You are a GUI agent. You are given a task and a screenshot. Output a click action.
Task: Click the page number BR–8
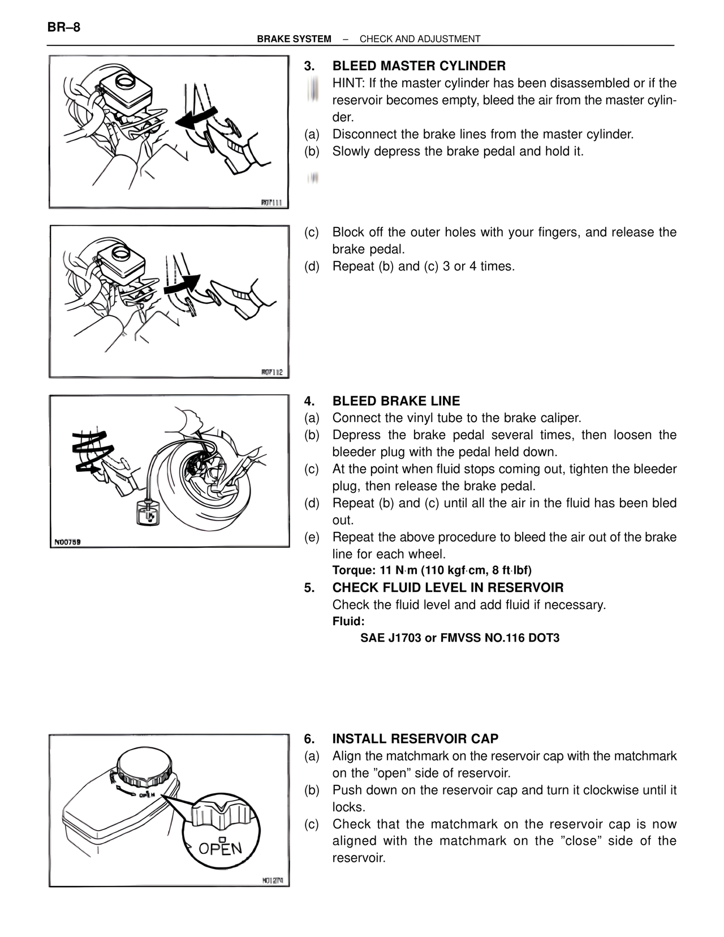[x=64, y=27]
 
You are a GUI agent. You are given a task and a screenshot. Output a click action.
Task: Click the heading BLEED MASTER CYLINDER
[x=419, y=66]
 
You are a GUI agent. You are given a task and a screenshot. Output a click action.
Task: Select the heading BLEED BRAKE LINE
[x=396, y=401]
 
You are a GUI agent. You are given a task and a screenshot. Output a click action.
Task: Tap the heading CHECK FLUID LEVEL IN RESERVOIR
[x=447, y=588]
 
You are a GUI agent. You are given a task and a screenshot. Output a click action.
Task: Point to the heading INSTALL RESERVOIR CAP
[x=415, y=739]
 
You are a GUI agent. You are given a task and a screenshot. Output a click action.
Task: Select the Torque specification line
[x=432, y=570]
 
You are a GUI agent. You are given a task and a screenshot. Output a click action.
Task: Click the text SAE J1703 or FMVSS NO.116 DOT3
[x=460, y=638]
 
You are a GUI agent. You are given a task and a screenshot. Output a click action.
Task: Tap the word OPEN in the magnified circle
[x=220, y=849]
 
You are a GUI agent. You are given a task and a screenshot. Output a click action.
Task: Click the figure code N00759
[x=67, y=541]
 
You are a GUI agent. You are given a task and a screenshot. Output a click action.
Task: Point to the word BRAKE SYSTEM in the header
[x=294, y=39]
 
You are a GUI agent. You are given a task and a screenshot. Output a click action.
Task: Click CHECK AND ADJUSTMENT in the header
[x=420, y=39]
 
